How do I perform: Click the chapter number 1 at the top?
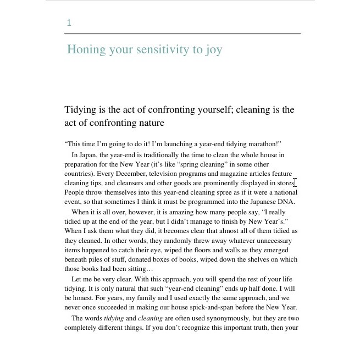coord(69,23)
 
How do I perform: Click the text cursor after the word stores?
coord(295,183)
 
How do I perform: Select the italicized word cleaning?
coord(150,318)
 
